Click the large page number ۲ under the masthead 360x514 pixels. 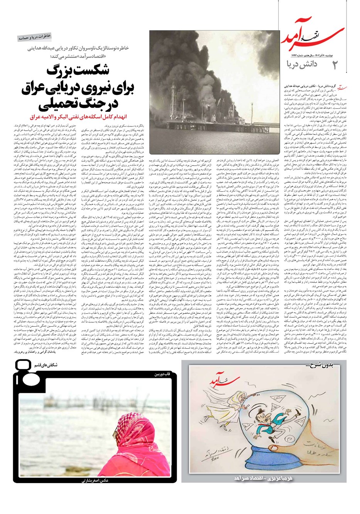point(335,64)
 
